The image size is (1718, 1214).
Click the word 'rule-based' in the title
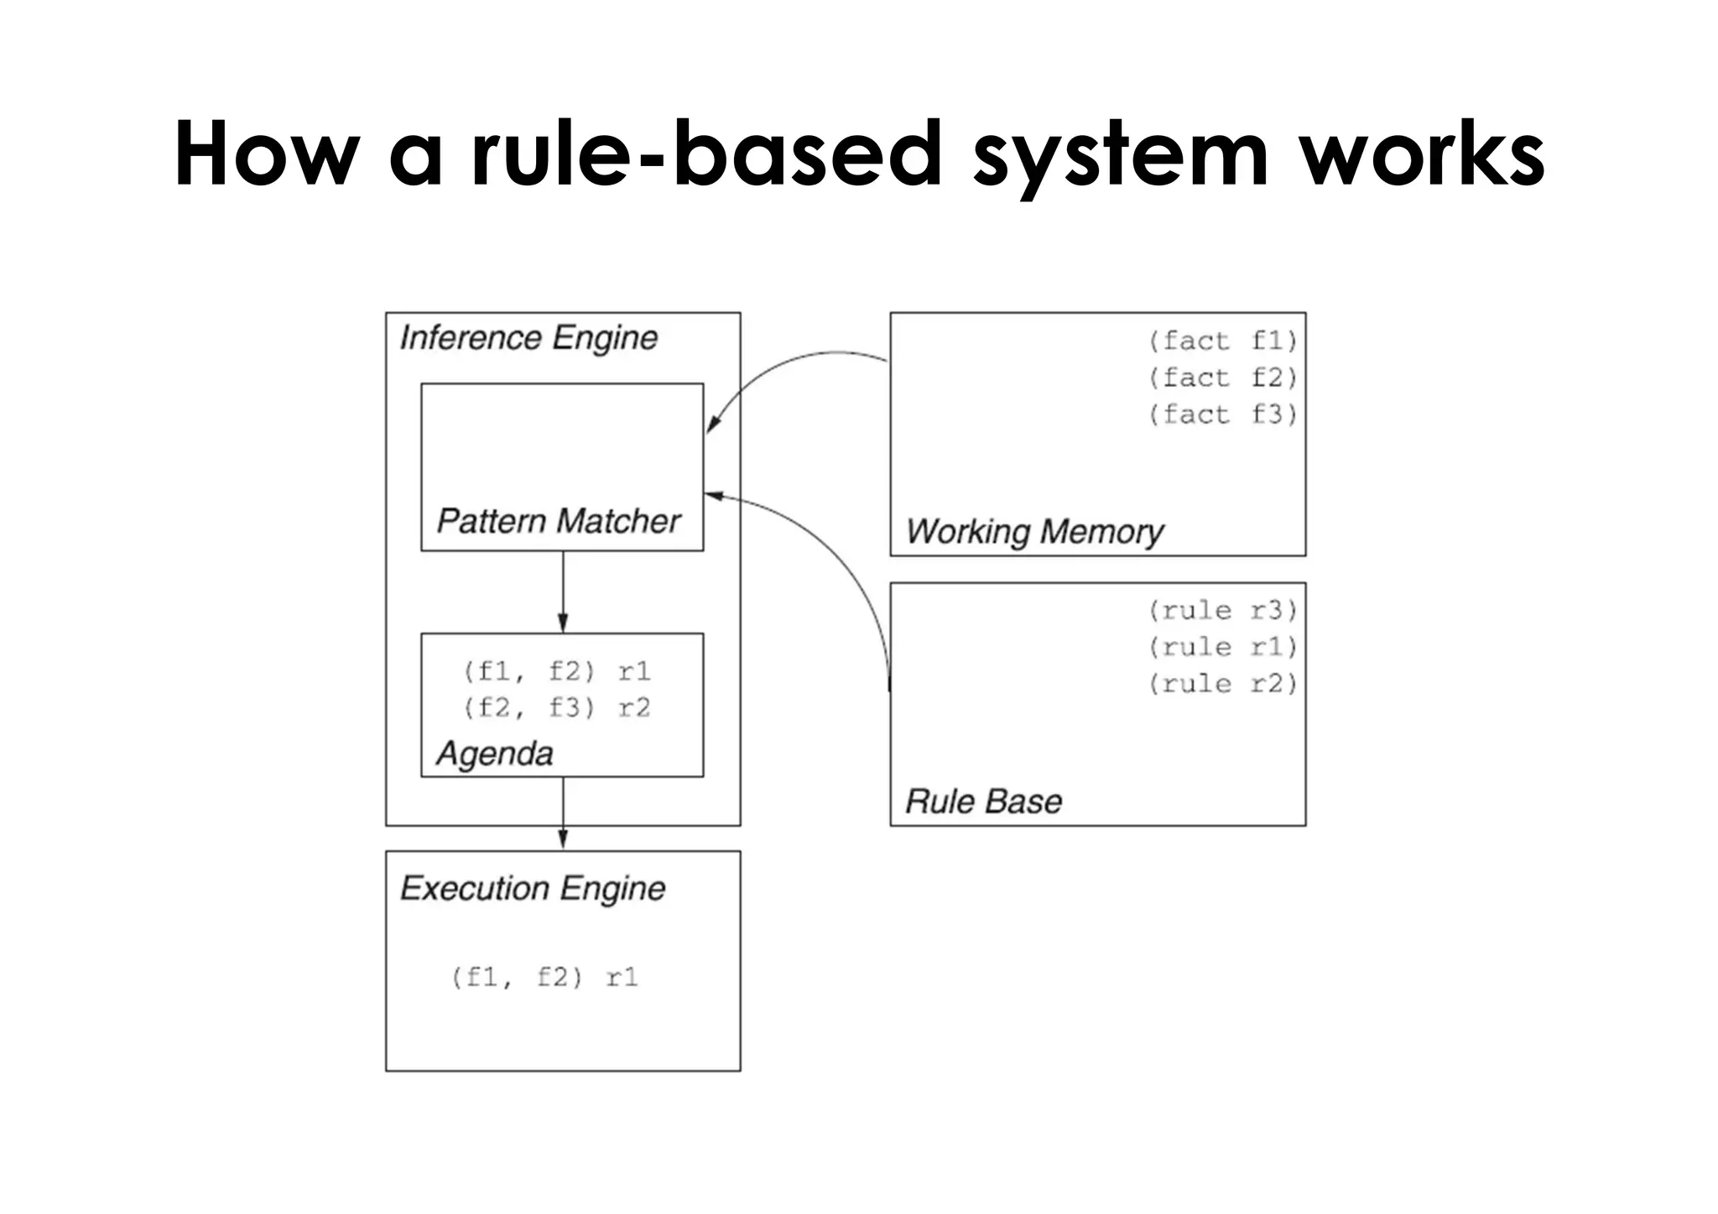[706, 155]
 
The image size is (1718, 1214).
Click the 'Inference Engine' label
[528, 338]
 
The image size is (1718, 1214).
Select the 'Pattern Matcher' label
[558, 521]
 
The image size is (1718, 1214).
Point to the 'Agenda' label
[494, 753]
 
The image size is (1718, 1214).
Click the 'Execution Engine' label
[533, 888]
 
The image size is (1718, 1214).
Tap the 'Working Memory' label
[1034, 532]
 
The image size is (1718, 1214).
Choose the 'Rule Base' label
[983, 801]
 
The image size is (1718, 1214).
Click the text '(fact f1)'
[1222, 341]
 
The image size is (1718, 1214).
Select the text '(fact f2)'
[1222, 378]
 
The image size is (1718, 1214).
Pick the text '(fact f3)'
[1222, 414]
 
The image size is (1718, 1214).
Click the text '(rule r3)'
[1222, 610]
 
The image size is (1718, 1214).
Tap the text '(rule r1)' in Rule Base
[1222, 647]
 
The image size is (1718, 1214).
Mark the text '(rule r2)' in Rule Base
[1222, 684]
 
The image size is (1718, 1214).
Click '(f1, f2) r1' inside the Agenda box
[556, 671]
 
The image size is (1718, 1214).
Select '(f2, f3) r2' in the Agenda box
[556, 708]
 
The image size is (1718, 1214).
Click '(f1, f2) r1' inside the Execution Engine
[544, 977]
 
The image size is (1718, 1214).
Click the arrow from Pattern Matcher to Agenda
[563, 591]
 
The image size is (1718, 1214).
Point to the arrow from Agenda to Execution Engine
[563, 814]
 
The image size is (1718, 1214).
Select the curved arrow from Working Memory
[789, 365]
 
